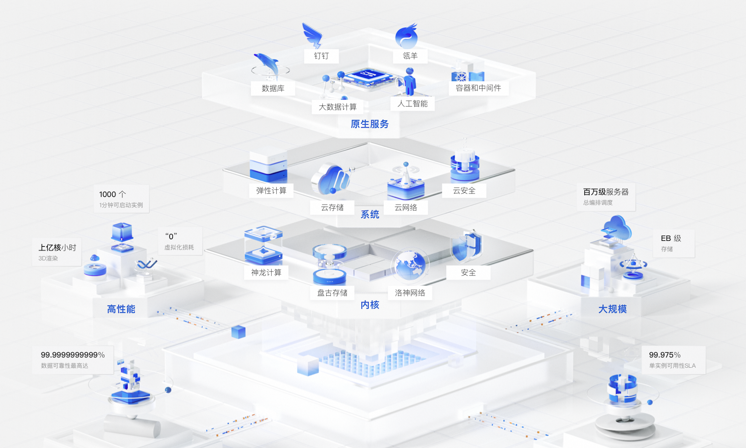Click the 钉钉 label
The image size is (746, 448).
coord(321,56)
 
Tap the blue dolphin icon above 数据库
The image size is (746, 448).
coord(268,65)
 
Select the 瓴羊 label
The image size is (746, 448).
coord(410,56)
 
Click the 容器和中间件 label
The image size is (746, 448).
coord(478,88)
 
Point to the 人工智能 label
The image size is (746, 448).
coord(412,104)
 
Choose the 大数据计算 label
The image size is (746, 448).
coord(338,107)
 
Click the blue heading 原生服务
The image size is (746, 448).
coord(369,124)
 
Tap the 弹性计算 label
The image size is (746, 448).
coord(271,191)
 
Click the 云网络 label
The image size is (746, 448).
coord(405,207)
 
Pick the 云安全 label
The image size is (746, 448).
coord(464,191)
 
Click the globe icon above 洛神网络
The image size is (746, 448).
coord(410,265)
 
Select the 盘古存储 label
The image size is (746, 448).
coord(332,293)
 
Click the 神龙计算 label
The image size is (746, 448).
coord(266,272)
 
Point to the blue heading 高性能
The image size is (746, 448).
coord(121,309)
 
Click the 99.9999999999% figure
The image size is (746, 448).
coord(73,355)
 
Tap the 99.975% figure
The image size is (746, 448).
coord(665,355)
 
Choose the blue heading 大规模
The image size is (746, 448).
coord(612,309)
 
